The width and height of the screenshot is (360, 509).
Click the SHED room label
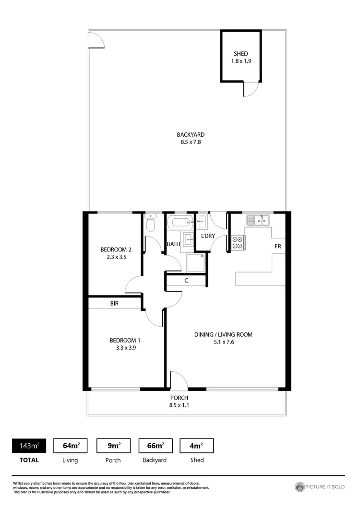(240, 54)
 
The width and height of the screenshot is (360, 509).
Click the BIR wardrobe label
(114, 304)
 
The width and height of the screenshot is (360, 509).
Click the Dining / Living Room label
(223, 334)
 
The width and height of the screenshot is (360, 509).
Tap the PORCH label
(179, 398)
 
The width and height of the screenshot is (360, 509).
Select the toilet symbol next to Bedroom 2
(151, 223)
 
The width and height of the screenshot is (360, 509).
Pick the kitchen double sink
(258, 220)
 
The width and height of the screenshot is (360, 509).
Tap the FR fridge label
(277, 246)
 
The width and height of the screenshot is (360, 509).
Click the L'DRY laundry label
(207, 236)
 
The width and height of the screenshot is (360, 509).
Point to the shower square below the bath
(196, 263)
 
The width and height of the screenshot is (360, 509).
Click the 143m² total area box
(29, 446)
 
